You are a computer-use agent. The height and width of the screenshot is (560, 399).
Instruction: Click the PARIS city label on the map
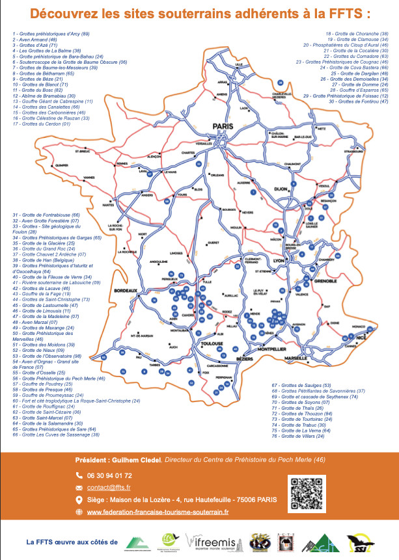click(x=222, y=127)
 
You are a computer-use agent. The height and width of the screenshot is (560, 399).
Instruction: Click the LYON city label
click(x=280, y=260)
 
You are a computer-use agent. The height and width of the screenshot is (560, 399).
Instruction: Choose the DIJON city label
click(x=281, y=189)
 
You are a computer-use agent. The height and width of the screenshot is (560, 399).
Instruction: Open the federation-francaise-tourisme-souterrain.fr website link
click(x=158, y=512)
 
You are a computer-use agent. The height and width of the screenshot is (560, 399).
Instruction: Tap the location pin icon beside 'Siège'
click(x=79, y=500)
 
